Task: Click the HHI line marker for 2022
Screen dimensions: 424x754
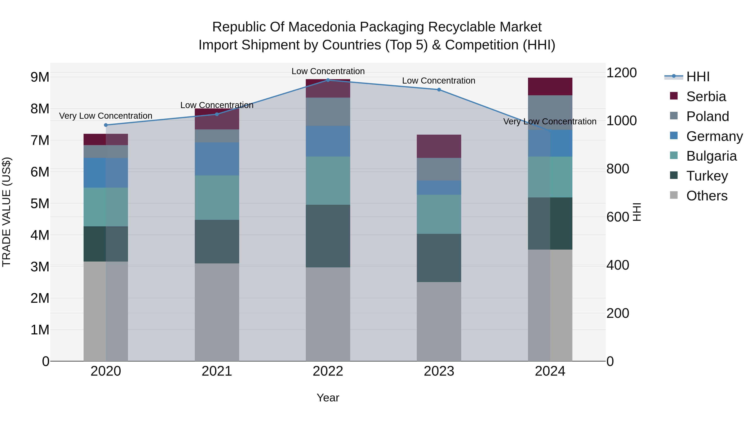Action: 328,80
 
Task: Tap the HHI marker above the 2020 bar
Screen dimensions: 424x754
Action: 106,125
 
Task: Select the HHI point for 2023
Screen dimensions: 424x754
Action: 439,90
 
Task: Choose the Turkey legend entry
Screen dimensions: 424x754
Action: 707,176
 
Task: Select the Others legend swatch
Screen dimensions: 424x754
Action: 674,195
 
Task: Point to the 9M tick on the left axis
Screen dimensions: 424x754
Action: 40,77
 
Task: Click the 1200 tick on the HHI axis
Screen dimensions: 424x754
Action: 621,73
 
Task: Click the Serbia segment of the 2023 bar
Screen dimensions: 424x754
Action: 439,146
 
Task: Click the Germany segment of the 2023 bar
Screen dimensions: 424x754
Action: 439,188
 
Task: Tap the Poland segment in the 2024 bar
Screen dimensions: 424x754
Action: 550,112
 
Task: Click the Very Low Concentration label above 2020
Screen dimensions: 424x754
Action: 106,116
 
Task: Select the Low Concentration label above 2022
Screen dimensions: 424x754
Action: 328,71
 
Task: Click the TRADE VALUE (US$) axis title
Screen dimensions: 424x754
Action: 6,212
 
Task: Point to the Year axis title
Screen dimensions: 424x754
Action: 328,398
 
